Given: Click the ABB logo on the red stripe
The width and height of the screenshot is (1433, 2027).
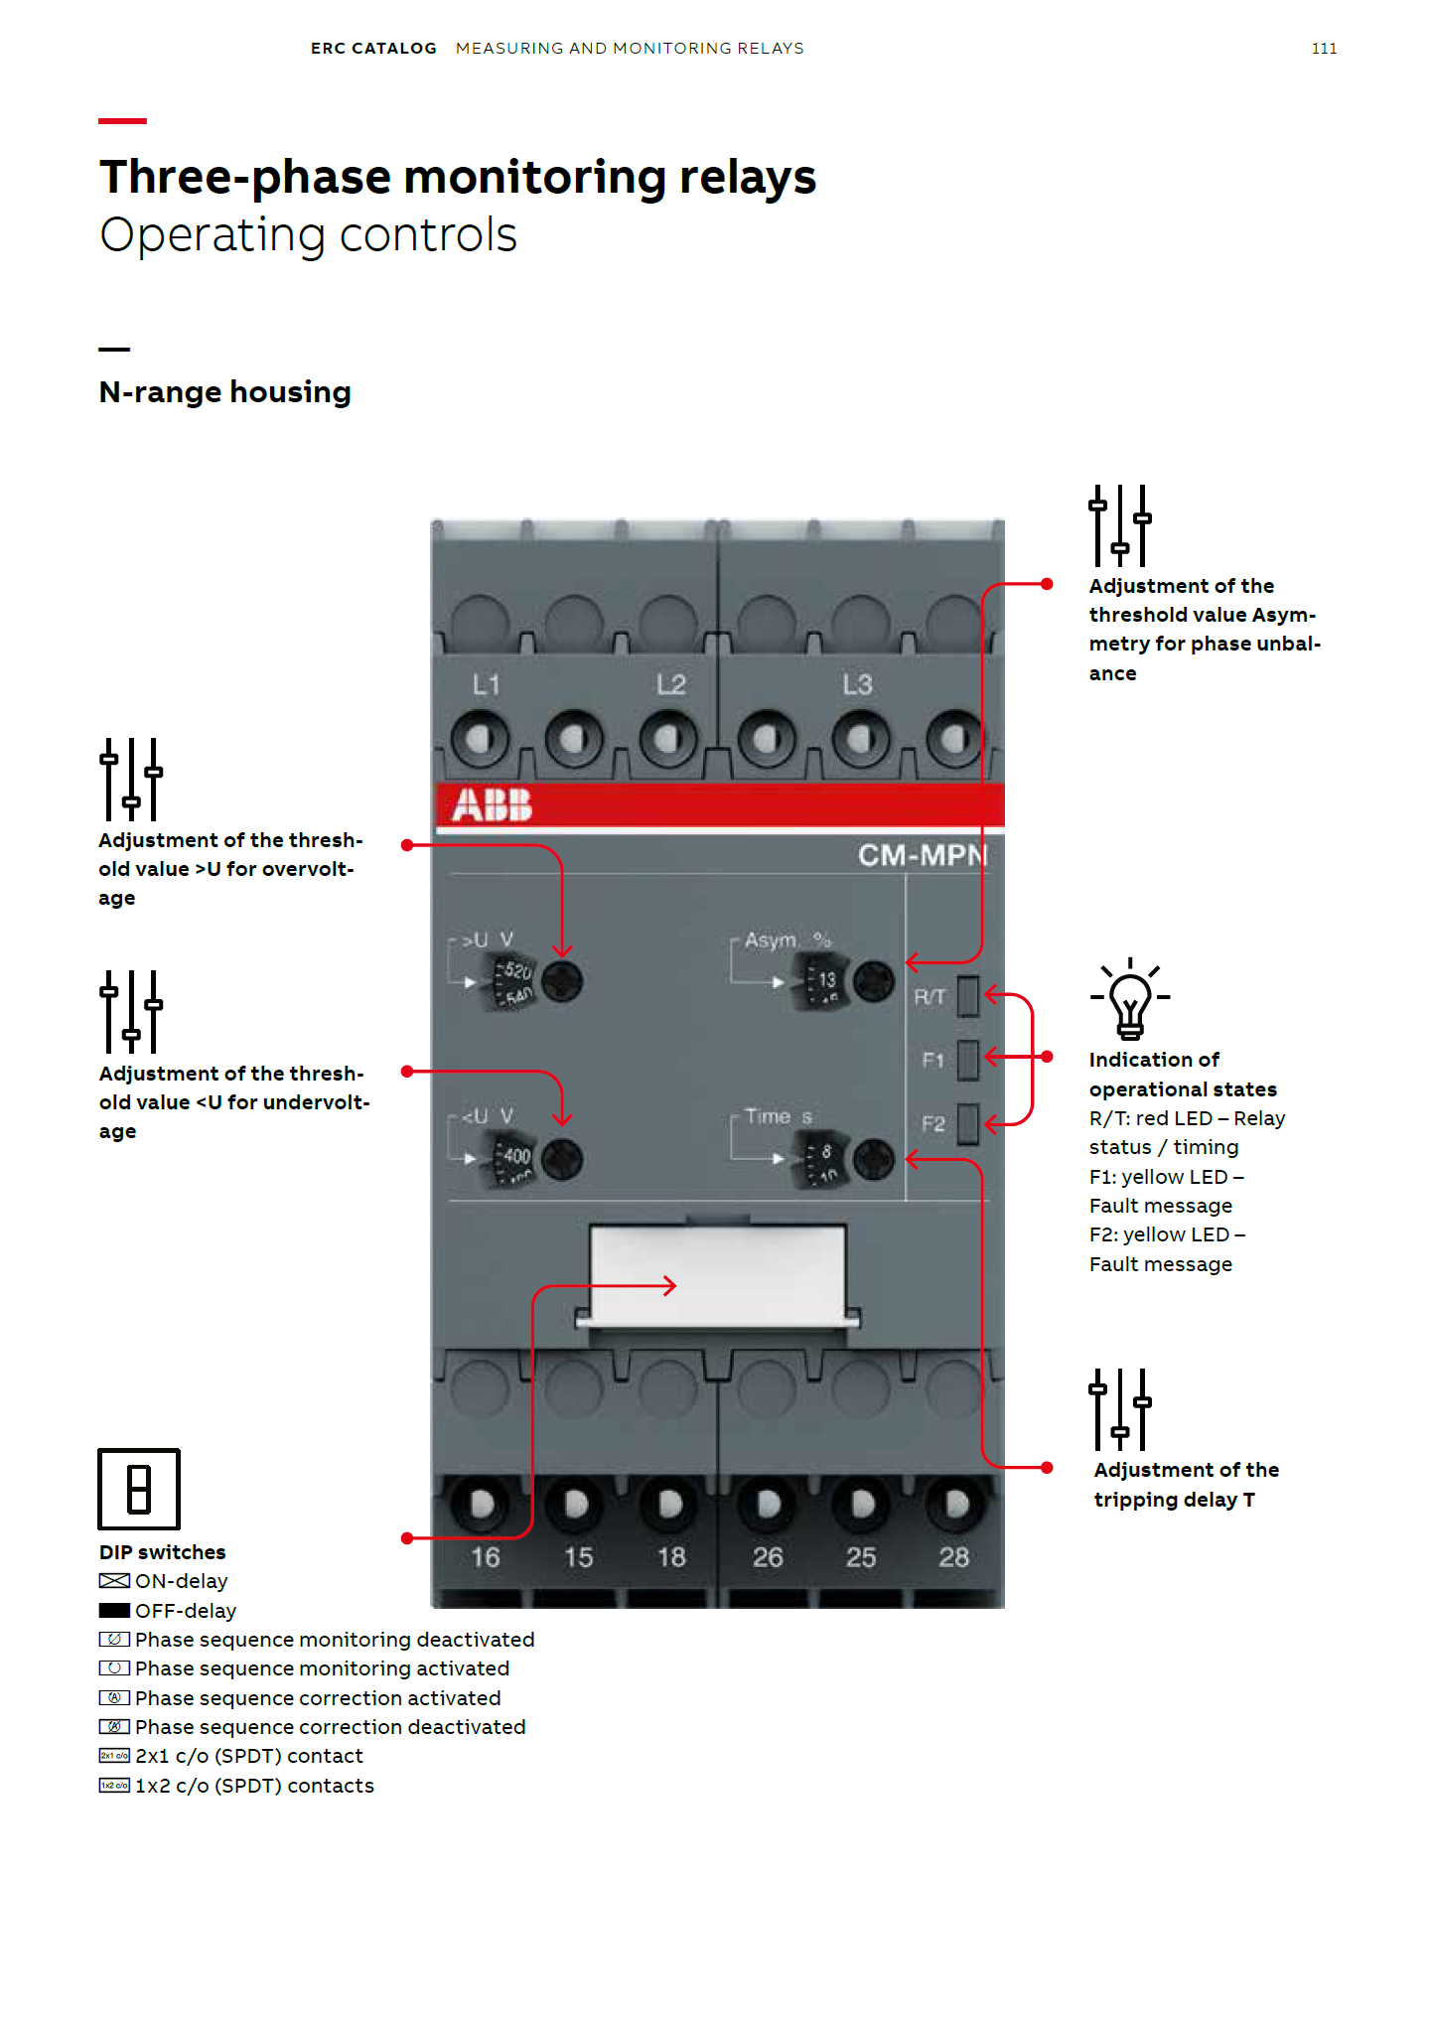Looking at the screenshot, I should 492,804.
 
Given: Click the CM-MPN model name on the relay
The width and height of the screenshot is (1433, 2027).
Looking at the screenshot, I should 922,855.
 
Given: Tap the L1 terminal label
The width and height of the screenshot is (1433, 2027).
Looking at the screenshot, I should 486,684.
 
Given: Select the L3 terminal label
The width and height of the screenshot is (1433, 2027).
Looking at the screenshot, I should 857,684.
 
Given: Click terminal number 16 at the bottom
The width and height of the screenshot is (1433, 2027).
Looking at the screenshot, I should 485,1556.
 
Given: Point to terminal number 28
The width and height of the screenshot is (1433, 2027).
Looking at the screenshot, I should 953,1556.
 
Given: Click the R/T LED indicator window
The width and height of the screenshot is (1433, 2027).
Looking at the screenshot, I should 967,996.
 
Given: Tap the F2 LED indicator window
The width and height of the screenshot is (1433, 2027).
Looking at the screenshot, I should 967,1124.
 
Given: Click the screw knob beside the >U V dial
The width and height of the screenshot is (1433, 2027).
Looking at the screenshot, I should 562,981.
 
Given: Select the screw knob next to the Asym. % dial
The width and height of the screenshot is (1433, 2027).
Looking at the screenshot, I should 874,981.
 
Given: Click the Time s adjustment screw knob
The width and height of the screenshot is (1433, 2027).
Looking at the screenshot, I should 874,1159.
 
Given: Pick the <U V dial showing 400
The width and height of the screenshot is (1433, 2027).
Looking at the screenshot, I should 514,1158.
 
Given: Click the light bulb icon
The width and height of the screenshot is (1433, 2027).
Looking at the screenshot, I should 1129,999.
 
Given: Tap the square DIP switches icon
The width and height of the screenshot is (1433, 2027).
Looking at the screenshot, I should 139,1489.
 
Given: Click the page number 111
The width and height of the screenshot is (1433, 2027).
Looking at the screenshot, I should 1324,49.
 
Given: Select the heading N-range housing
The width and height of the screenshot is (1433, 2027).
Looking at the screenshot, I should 225,392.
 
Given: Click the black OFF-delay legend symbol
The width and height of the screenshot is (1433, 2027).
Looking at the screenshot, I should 114,1610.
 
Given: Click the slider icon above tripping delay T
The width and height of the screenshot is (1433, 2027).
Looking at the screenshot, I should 1120,1409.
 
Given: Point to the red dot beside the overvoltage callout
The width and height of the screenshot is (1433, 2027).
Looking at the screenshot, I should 406,845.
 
